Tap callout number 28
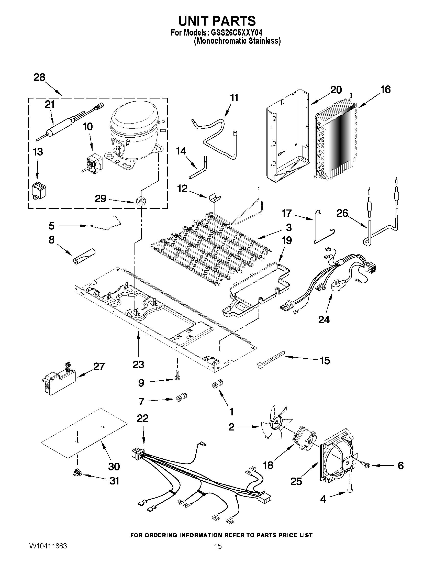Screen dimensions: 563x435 click(39, 78)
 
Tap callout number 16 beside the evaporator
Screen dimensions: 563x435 click(385, 90)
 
